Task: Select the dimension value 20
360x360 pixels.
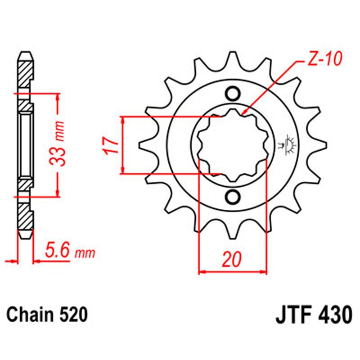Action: click(x=232, y=260)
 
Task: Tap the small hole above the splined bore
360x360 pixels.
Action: click(x=233, y=94)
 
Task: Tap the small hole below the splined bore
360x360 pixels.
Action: click(x=233, y=197)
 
